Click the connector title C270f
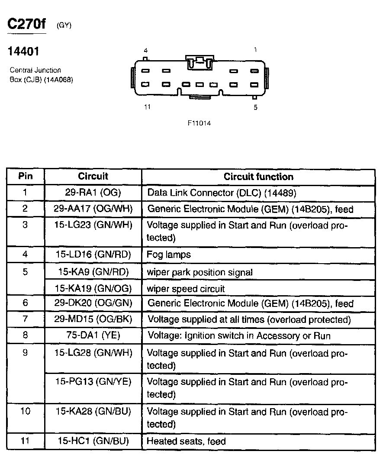(x=27, y=25)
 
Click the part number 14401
(x=24, y=52)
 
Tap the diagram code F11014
(x=199, y=123)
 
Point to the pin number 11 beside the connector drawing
(x=147, y=107)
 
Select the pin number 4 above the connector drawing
(x=146, y=51)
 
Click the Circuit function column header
(x=258, y=177)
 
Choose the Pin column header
(x=26, y=176)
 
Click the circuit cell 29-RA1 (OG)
(x=93, y=193)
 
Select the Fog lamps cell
(x=169, y=255)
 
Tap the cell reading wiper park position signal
(x=199, y=272)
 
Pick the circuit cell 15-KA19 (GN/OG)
(x=93, y=288)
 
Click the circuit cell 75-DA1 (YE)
(x=93, y=335)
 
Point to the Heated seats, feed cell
(x=186, y=441)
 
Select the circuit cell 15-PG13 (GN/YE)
(x=93, y=382)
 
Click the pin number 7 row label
(x=26, y=319)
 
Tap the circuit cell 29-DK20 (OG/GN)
(x=93, y=303)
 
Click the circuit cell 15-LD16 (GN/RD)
(x=93, y=255)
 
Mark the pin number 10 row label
(x=26, y=411)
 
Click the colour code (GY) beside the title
(x=64, y=26)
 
